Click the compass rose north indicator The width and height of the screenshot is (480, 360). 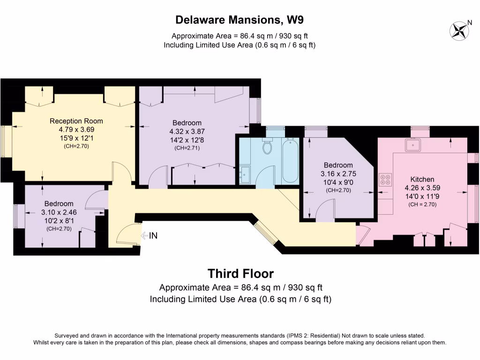(x=459, y=30)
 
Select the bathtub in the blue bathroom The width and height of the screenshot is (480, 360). (x=290, y=161)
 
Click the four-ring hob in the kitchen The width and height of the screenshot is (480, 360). (x=386, y=180)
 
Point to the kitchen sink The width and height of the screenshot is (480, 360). (x=413, y=145)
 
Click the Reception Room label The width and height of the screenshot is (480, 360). (x=76, y=121)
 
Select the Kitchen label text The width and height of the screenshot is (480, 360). (x=422, y=179)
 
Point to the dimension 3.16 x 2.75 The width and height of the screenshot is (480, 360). (x=338, y=174)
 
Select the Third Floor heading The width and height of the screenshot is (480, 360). (x=240, y=273)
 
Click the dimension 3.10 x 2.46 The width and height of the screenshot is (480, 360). (x=59, y=212)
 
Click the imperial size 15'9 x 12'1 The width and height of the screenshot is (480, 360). (x=76, y=138)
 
